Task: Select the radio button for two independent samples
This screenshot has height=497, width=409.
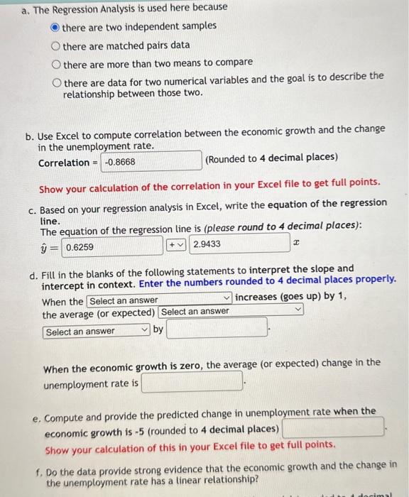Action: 55,26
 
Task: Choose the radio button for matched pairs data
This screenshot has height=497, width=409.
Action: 55,45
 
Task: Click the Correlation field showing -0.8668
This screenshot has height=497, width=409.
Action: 151,161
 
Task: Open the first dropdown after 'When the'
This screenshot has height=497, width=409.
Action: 160,300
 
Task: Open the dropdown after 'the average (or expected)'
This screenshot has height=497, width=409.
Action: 231,311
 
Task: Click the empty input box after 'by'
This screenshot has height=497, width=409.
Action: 217,329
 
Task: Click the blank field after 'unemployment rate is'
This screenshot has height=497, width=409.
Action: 192,383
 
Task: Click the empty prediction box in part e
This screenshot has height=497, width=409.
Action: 333,429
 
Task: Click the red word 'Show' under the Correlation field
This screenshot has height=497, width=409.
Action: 51,188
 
